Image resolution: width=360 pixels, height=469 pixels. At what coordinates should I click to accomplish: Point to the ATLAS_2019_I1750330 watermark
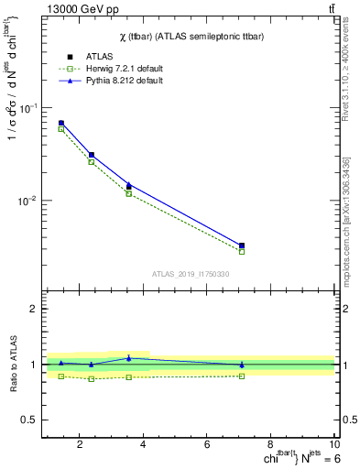pyautogui.click(x=191, y=274)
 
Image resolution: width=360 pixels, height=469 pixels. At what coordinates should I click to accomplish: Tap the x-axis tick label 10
pyautogui.click(x=333, y=445)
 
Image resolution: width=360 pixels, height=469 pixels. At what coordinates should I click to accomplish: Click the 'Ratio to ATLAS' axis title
pyautogui.click(x=12, y=365)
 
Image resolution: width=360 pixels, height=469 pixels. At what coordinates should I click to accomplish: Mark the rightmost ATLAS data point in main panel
pyautogui.click(x=242, y=245)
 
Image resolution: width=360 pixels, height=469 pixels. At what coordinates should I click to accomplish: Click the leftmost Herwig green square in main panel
pyautogui.click(x=61, y=129)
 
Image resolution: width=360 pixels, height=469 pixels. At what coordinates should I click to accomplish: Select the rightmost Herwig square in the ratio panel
pyautogui.click(x=242, y=376)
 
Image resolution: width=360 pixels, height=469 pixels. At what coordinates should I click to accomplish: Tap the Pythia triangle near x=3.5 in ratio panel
pyautogui.click(x=129, y=358)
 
